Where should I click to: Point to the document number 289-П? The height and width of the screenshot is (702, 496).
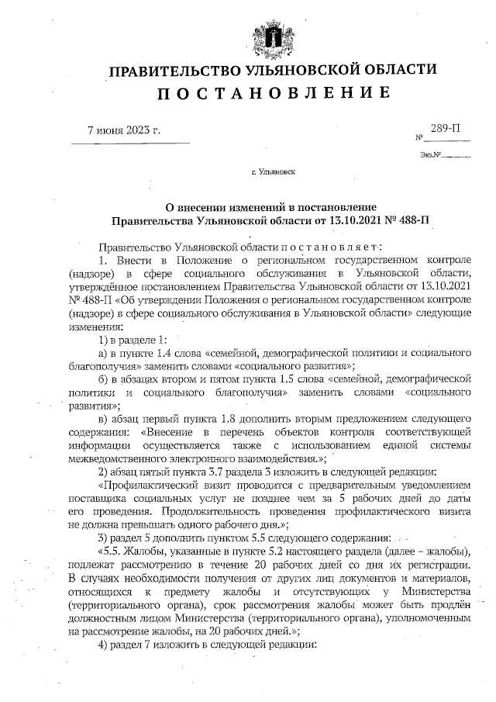(x=445, y=126)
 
